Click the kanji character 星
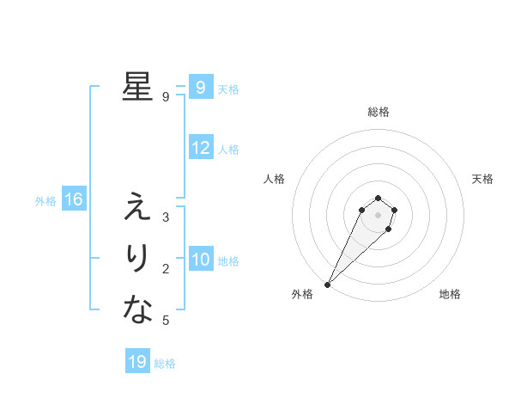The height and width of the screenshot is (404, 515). point(137,87)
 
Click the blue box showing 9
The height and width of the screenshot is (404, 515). point(200,87)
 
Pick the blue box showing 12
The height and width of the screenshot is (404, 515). point(200,148)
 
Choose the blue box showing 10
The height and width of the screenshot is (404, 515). point(200,260)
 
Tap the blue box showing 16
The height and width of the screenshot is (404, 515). point(74,200)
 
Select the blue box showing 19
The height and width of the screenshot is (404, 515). point(137,362)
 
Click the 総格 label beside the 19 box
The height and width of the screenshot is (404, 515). point(165,364)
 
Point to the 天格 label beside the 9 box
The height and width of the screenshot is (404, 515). point(227,89)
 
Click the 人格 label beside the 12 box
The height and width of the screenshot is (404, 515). point(227,150)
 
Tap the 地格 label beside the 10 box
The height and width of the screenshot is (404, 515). point(227,261)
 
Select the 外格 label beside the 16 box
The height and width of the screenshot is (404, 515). point(45,202)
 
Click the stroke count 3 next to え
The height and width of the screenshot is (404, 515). point(165,217)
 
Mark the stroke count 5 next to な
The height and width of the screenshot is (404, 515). point(165,321)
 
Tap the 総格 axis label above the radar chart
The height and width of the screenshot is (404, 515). point(378,112)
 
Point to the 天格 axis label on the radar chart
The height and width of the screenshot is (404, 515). point(482,179)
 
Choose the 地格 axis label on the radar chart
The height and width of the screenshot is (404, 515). point(450,294)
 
